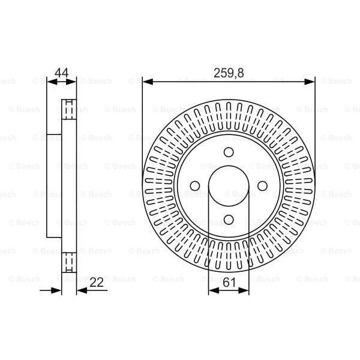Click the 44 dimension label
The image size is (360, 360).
[x=61, y=73]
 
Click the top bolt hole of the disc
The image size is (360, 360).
[x=229, y=152]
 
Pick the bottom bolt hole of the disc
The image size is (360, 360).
[x=229, y=220]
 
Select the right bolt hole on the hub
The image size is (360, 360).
[x=262, y=185]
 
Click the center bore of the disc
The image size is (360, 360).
[x=229, y=185]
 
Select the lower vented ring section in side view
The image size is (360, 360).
[x=70, y=262]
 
